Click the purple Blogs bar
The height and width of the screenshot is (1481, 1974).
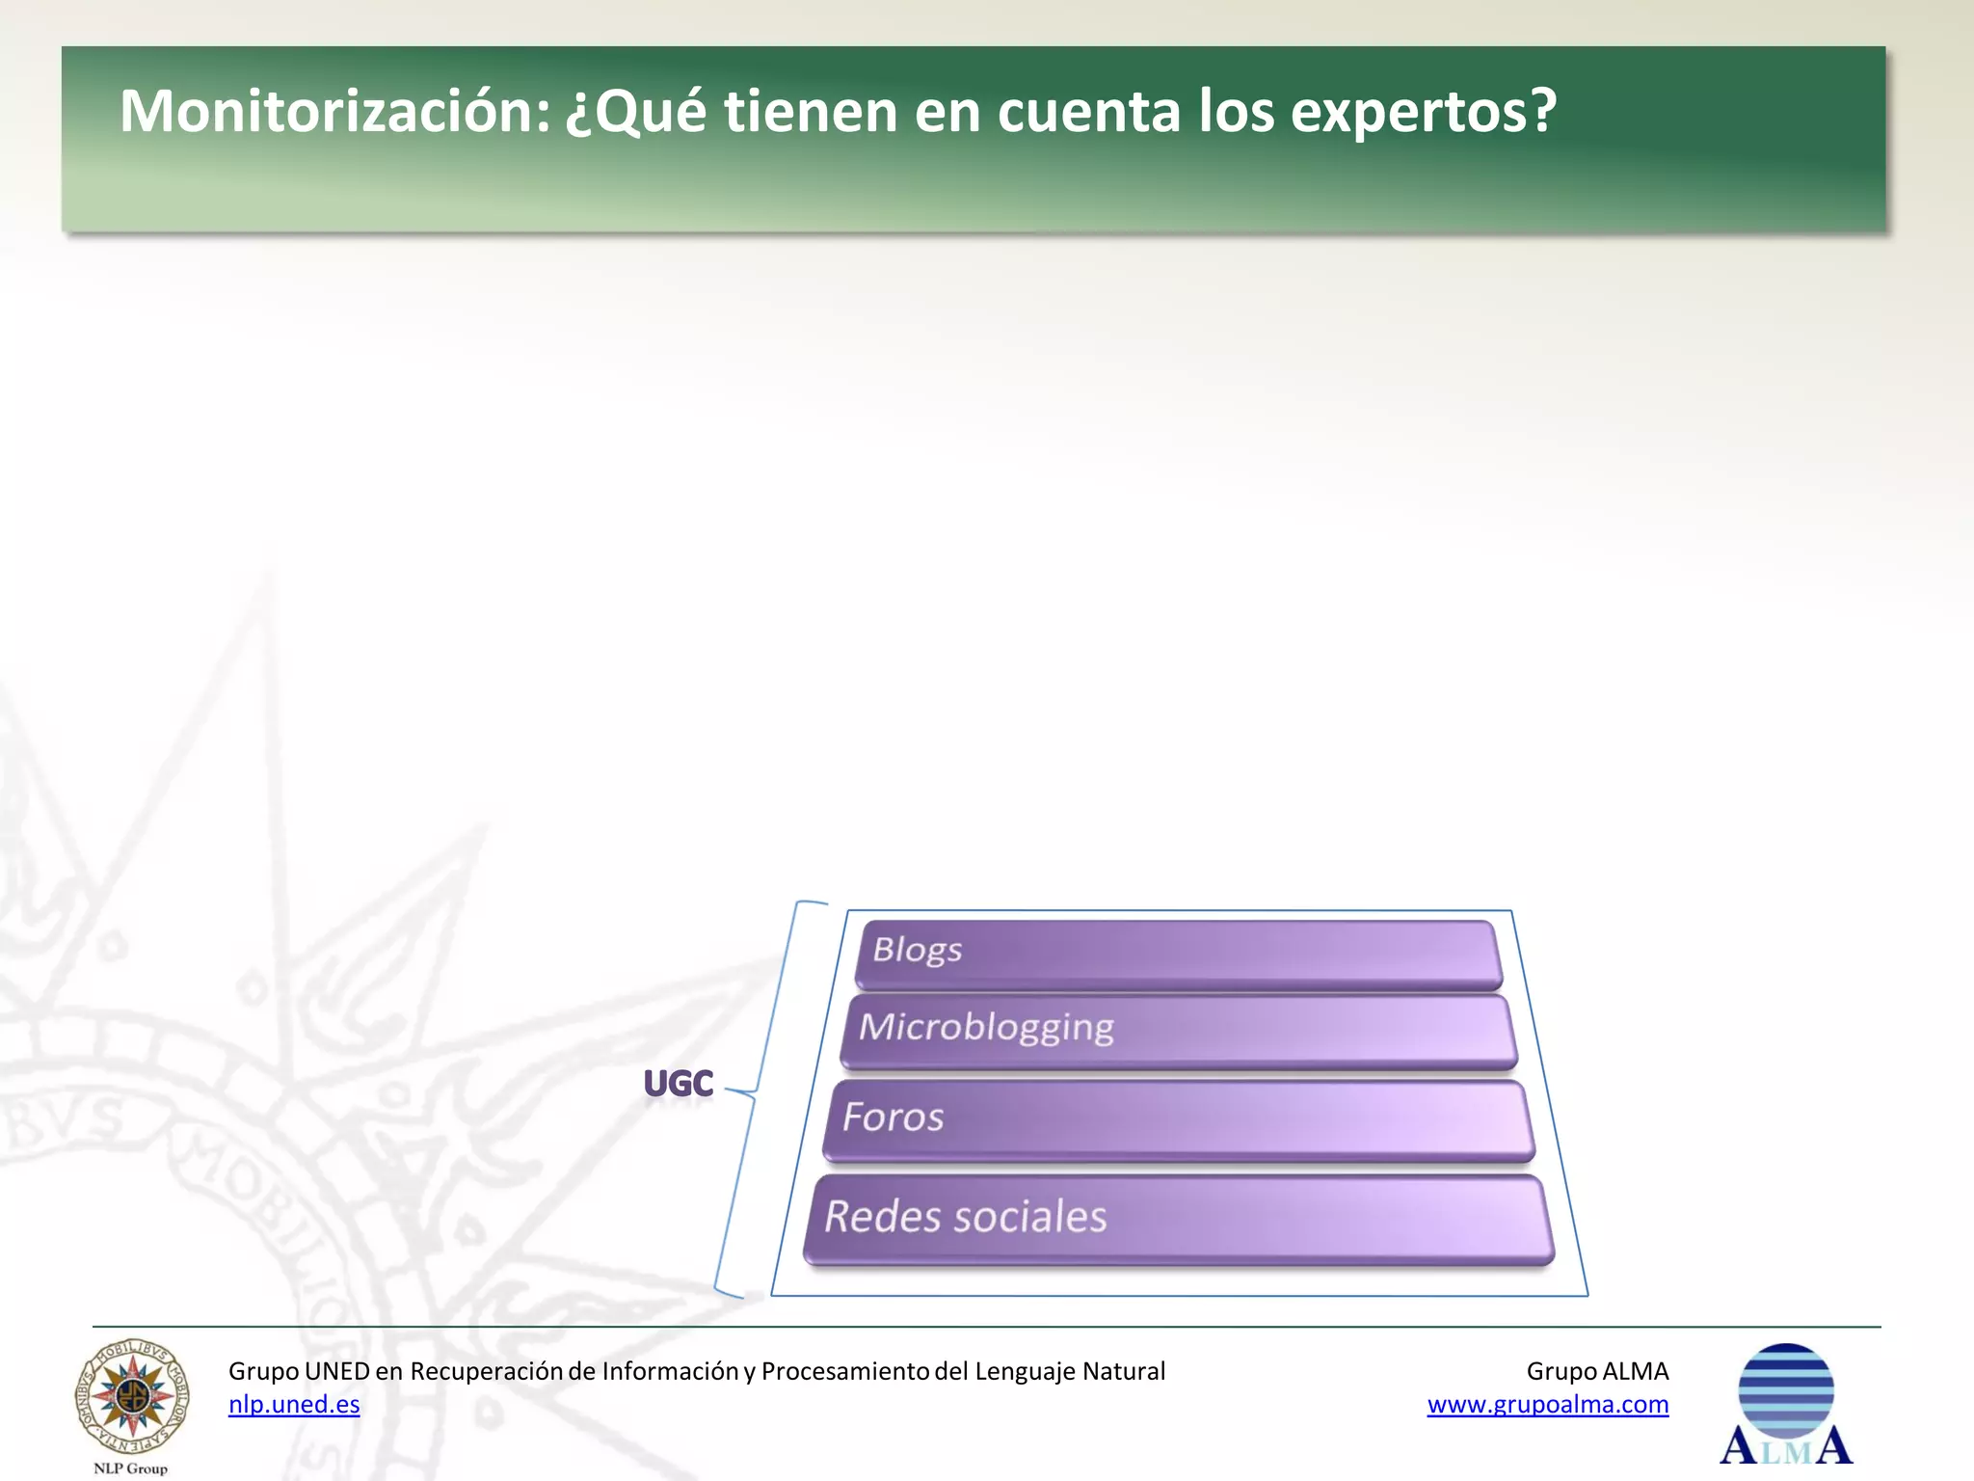[x=1178, y=953]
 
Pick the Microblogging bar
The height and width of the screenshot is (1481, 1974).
[x=1178, y=1030]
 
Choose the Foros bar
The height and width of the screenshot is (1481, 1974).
[x=1178, y=1118]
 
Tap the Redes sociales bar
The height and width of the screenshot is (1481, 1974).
[x=1178, y=1218]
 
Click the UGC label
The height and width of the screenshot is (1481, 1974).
[x=679, y=1084]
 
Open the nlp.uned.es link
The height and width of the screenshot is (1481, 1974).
[x=294, y=1405]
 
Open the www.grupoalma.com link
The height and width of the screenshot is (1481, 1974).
[x=1547, y=1405]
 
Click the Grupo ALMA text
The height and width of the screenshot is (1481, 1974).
[x=1597, y=1371]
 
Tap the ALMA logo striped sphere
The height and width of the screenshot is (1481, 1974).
[x=1785, y=1388]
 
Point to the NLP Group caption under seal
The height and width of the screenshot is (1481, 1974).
[x=130, y=1468]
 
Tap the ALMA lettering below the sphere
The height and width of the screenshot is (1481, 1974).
[x=1785, y=1447]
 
